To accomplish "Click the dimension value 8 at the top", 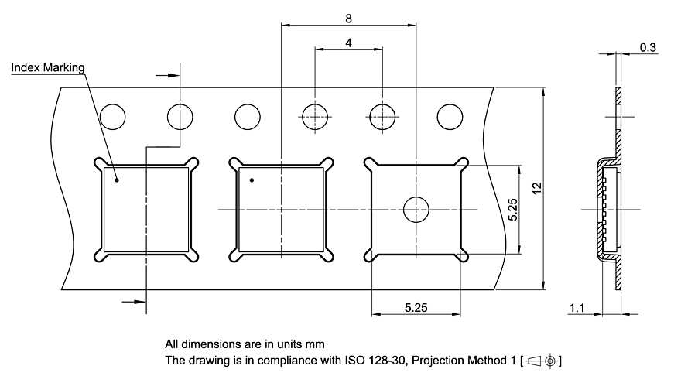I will pos(349,17).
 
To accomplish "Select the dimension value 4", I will pos(349,43).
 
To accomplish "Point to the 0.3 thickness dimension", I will pos(648,48).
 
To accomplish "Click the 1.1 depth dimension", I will pos(577,308).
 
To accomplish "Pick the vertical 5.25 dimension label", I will pos(512,210).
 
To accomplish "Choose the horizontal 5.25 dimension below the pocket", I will pos(416,308).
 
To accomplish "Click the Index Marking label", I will pos(48,68).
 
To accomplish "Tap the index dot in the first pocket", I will pos(117,180).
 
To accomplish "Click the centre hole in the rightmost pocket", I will pos(416,210).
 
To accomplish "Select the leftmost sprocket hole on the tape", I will pos(113,117).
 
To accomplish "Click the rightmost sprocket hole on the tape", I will pos(450,117).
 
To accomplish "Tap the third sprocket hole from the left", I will pos(248,117).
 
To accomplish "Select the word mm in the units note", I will pos(315,343).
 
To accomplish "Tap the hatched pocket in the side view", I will pos(602,209).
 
